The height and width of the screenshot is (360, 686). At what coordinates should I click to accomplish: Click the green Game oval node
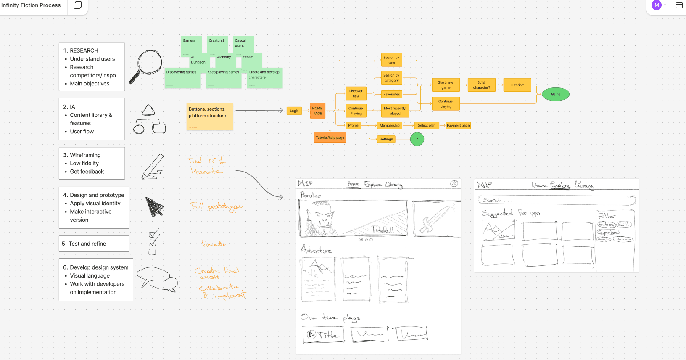pyautogui.click(x=555, y=94)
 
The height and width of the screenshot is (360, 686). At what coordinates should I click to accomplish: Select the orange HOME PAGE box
pyautogui.click(x=317, y=111)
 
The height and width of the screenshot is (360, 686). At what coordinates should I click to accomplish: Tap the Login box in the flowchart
pyautogui.click(x=294, y=111)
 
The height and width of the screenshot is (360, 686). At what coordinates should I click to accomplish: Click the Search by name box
pyautogui.click(x=391, y=60)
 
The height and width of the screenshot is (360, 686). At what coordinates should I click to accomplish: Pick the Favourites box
pyautogui.click(x=391, y=95)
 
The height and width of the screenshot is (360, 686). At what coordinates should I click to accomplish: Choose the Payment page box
pyautogui.click(x=458, y=125)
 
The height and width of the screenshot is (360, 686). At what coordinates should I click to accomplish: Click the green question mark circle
pyautogui.click(x=417, y=139)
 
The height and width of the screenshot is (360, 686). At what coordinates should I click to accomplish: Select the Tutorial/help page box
pyautogui.click(x=330, y=138)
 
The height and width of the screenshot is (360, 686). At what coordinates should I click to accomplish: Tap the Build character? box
pyautogui.click(x=481, y=85)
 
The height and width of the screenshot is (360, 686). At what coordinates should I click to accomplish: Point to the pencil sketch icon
pyautogui.click(x=152, y=167)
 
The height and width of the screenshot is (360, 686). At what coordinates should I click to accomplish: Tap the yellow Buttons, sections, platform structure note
pyautogui.click(x=209, y=116)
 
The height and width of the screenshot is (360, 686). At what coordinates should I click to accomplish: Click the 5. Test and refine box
pyautogui.click(x=94, y=244)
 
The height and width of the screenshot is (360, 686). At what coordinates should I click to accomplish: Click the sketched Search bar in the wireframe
pyautogui.click(x=556, y=200)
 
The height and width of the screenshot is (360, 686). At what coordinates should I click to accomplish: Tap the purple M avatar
pyautogui.click(x=656, y=5)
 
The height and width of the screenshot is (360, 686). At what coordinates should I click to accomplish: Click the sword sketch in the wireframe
pyautogui.click(x=435, y=219)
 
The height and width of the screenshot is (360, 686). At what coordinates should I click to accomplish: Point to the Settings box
pyautogui.click(x=386, y=139)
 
